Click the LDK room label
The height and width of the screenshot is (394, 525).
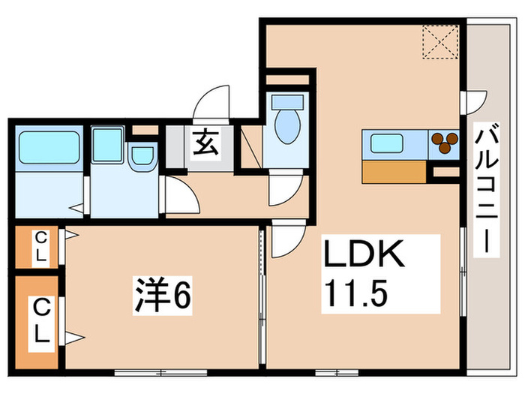click(x=364, y=255)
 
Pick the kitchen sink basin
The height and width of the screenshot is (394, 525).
click(x=387, y=142)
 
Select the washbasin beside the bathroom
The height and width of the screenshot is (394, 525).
click(x=140, y=156)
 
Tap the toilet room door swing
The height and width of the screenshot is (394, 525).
click(x=284, y=189)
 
